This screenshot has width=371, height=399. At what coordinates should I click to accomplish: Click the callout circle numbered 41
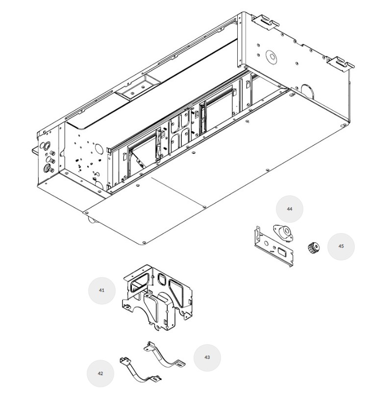[101, 291]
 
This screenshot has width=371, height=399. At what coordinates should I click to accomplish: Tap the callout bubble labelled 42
[100, 374]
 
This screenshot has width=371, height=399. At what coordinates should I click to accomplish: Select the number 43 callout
[207, 357]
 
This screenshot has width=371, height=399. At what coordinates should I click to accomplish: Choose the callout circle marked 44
[290, 209]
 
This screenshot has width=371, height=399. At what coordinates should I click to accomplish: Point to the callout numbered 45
[341, 246]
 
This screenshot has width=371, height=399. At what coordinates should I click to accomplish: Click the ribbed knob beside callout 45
[313, 248]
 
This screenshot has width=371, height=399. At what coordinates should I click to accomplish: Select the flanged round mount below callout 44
[283, 233]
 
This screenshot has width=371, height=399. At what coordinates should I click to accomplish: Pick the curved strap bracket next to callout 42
[140, 370]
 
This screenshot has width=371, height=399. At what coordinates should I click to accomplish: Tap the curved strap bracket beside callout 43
[164, 354]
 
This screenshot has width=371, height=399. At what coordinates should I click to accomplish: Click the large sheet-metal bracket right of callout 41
[157, 298]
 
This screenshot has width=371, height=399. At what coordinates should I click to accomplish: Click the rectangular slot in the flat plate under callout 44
[282, 252]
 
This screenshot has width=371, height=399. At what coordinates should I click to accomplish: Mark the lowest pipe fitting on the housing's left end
[48, 168]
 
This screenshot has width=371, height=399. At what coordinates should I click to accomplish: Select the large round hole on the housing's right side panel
[271, 57]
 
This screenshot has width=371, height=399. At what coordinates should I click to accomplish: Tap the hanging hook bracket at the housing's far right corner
[341, 63]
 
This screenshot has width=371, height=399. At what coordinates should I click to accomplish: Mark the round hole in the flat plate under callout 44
[267, 243]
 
